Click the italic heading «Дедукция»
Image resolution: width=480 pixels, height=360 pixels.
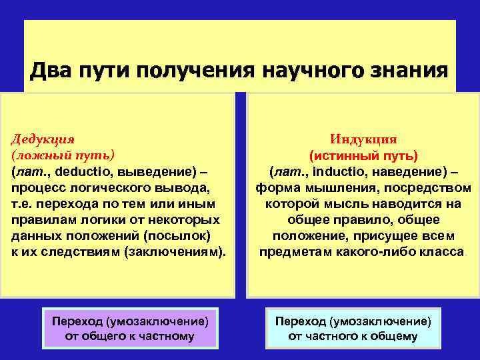tap(42, 139)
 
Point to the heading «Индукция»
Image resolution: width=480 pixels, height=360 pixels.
tap(363, 139)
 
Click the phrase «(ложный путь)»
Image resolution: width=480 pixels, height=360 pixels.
tap(63, 155)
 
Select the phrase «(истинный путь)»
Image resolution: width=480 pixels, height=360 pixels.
tap(363, 155)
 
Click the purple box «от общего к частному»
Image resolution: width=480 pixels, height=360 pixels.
tap(129, 328)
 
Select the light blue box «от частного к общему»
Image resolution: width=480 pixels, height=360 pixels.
tap(353, 328)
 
